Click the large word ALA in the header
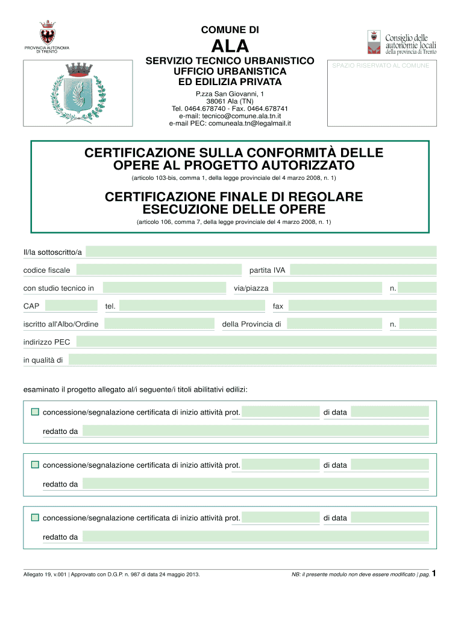pyautogui.click(x=230, y=46)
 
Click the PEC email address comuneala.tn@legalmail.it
pyautogui.click(x=230, y=123)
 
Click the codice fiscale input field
pyautogui.click(x=158, y=270)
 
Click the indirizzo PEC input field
pyautogui.click(x=256, y=342)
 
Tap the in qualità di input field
pyautogui.click(x=252, y=360)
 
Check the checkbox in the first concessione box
pyautogui.click(x=35, y=412)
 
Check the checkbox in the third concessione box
pyautogui.click(x=35, y=518)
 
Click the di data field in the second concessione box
pyautogui.click(x=390, y=465)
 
